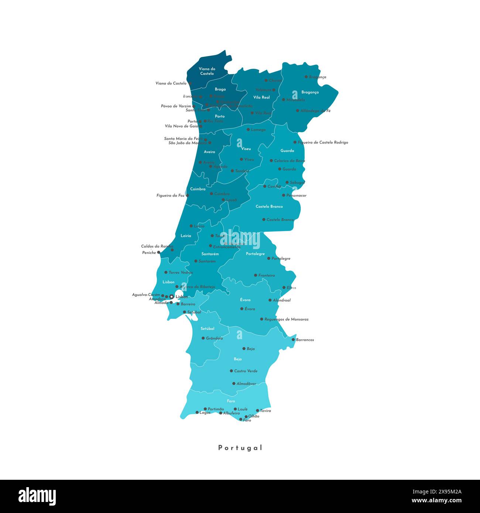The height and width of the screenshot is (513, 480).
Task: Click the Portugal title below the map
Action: (x=240, y=448)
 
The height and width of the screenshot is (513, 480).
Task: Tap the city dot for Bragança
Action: (x=306, y=77)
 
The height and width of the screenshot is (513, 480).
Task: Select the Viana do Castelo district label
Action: (x=207, y=71)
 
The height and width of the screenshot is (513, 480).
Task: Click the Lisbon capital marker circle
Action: (x=172, y=296)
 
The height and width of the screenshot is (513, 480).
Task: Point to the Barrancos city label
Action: (x=305, y=340)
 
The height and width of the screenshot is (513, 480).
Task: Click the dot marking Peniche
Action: (x=159, y=252)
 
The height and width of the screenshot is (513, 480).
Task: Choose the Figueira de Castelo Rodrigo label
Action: (x=323, y=142)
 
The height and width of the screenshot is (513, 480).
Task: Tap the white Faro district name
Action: (x=231, y=401)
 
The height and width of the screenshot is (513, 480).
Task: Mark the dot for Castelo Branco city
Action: (x=264, y=220)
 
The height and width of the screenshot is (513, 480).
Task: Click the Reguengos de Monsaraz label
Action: (x=287, y=319)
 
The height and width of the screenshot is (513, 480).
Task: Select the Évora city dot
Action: (x=242, y=309)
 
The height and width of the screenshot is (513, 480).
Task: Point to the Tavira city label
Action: (x=265, y=411)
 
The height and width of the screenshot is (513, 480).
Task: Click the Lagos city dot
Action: (x=197, y=413)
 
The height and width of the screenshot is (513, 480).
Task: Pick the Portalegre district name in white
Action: (x=255, y=254)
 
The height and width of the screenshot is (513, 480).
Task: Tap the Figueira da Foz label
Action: (x=170, y=196)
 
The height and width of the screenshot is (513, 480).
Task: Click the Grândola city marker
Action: (x=203, y=338)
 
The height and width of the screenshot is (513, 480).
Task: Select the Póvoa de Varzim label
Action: (x=176, y=106)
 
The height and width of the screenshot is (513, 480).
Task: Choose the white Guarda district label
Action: (x=287, y=151)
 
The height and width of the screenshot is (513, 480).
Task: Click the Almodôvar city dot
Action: (x=234, y=383)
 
